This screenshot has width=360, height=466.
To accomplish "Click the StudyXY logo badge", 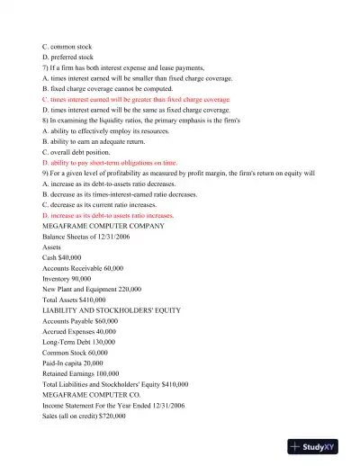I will coord(319,445).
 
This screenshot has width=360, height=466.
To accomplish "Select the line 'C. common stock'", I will coord(67,45).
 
